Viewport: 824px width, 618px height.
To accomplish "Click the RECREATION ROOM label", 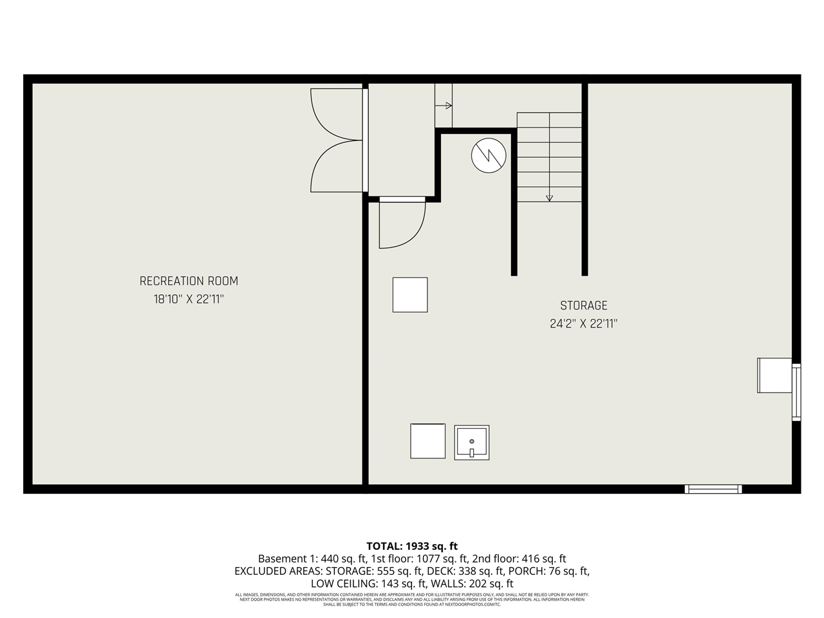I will [189, 281].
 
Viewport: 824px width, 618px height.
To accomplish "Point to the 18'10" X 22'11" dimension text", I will [189, 299].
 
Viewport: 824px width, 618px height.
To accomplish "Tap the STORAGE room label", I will [583, 306].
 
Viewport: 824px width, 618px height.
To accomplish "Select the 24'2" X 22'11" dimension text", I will [583, 324].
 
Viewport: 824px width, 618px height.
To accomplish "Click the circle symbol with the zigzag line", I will [489, 156].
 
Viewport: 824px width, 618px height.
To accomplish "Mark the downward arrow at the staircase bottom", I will [549, 198].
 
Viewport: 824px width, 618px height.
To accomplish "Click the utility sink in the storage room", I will [471, 442].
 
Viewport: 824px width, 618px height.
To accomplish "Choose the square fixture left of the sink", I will [428, 441].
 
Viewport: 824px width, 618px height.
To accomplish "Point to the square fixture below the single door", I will [410, 295].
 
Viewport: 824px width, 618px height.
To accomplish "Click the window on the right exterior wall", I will [796, 392].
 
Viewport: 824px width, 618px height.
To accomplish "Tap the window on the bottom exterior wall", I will [713, 489].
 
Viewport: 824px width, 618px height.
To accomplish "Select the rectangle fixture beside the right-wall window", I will [774, 375].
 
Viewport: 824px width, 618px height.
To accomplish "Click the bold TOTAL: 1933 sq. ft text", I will [412, 546].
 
